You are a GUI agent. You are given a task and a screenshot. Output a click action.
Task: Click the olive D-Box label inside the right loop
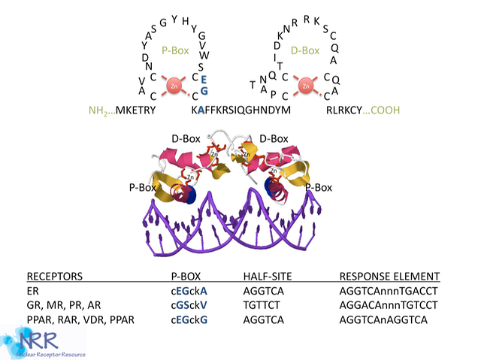(x=306, y=52)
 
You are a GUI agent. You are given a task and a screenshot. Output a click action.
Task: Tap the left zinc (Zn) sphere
(x=174, y=86)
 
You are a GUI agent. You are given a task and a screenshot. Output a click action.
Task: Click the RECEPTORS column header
(x=55, y=276)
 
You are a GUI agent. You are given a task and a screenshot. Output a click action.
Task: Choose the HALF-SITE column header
(x=268, y=276)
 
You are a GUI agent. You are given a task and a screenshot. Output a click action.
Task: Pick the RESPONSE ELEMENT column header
(x=389, y=276)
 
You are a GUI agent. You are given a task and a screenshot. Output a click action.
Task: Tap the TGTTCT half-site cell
(x=262, y=306)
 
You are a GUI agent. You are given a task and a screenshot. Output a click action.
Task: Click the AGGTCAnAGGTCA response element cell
(x=383, y=321)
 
